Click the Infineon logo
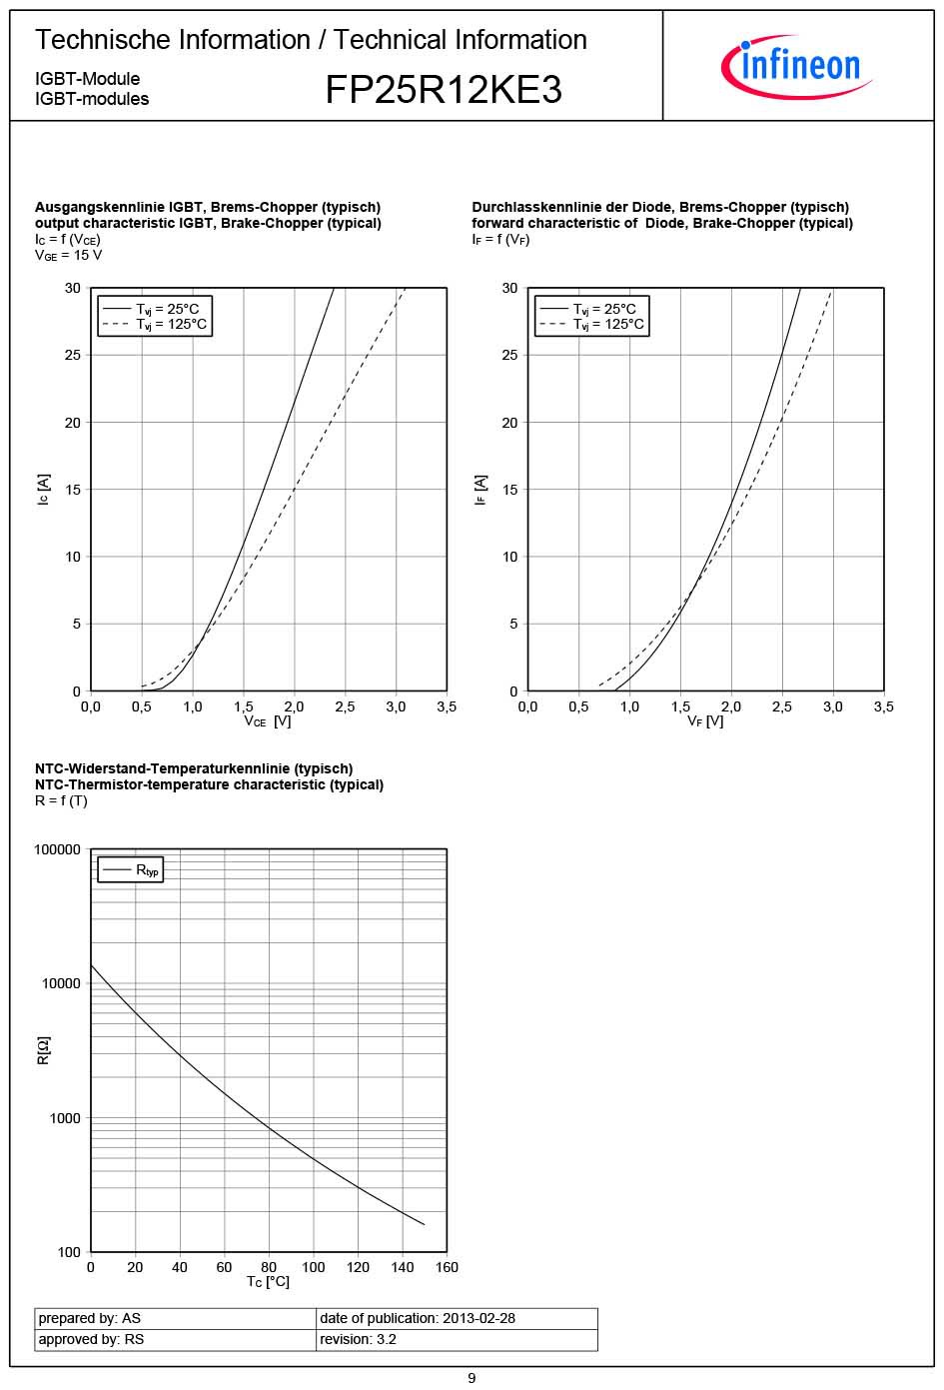pyautogui.click(x=796, y=66)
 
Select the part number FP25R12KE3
pyautogui.click(x=444, y=90)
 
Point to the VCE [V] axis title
pyautogui.click(x=268, y=721)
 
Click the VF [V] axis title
pyautogui.click(x=705, y=721)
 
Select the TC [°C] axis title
pyautogui.click(x=268, y=1282)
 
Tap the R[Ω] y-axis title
pyautogui.click(x=43, y=1050)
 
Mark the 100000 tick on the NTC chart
pyautogui.click(x=58, y=849)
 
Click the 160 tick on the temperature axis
pyautogui.click(x=447, y=1267)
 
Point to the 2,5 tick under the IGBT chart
pyautogui.click(x=345, y=706)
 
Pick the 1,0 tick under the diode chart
pyautogui.click(x=629, y=706)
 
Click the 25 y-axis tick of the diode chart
pyautogui.click(x=509, y=355)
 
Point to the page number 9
pyautogui.click(x=472, y=1378)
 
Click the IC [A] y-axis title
pyautogui.click(x=43, y=490)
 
